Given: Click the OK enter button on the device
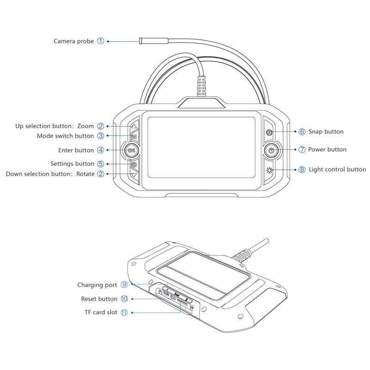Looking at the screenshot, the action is click(x=131, y=150).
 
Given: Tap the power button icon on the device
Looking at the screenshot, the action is click(x=271, y=150).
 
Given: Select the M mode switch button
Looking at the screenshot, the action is click(x=134, y=136).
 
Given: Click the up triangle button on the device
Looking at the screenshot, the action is click(x=134, y=126).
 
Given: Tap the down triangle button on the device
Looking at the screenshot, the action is click(x=134, y=175).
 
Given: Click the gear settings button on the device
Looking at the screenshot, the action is click(x=134, y=165).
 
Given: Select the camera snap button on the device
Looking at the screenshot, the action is click(x=269, y=132).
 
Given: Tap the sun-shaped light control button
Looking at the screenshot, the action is click(x=269, y=170).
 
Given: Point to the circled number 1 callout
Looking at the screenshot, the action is click(x=101, y=41).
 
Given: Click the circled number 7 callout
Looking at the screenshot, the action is click(x=302, y=149).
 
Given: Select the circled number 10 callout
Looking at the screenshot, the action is click(x=124, y=299).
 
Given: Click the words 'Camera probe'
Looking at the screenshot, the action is click(x=74, y=41).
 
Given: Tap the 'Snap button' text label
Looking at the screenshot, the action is click(x=326, y=132).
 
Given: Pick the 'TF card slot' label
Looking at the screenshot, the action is click(x=101, y=313).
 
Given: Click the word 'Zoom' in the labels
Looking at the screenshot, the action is click(x=86, y=126).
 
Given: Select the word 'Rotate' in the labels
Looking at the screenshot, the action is click(x=85, y=174).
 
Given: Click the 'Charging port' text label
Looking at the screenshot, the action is click(x=97, y=285).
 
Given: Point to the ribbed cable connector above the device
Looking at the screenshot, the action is click(x=201, y=86).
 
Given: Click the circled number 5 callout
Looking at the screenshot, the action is click(x=101, y=164).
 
